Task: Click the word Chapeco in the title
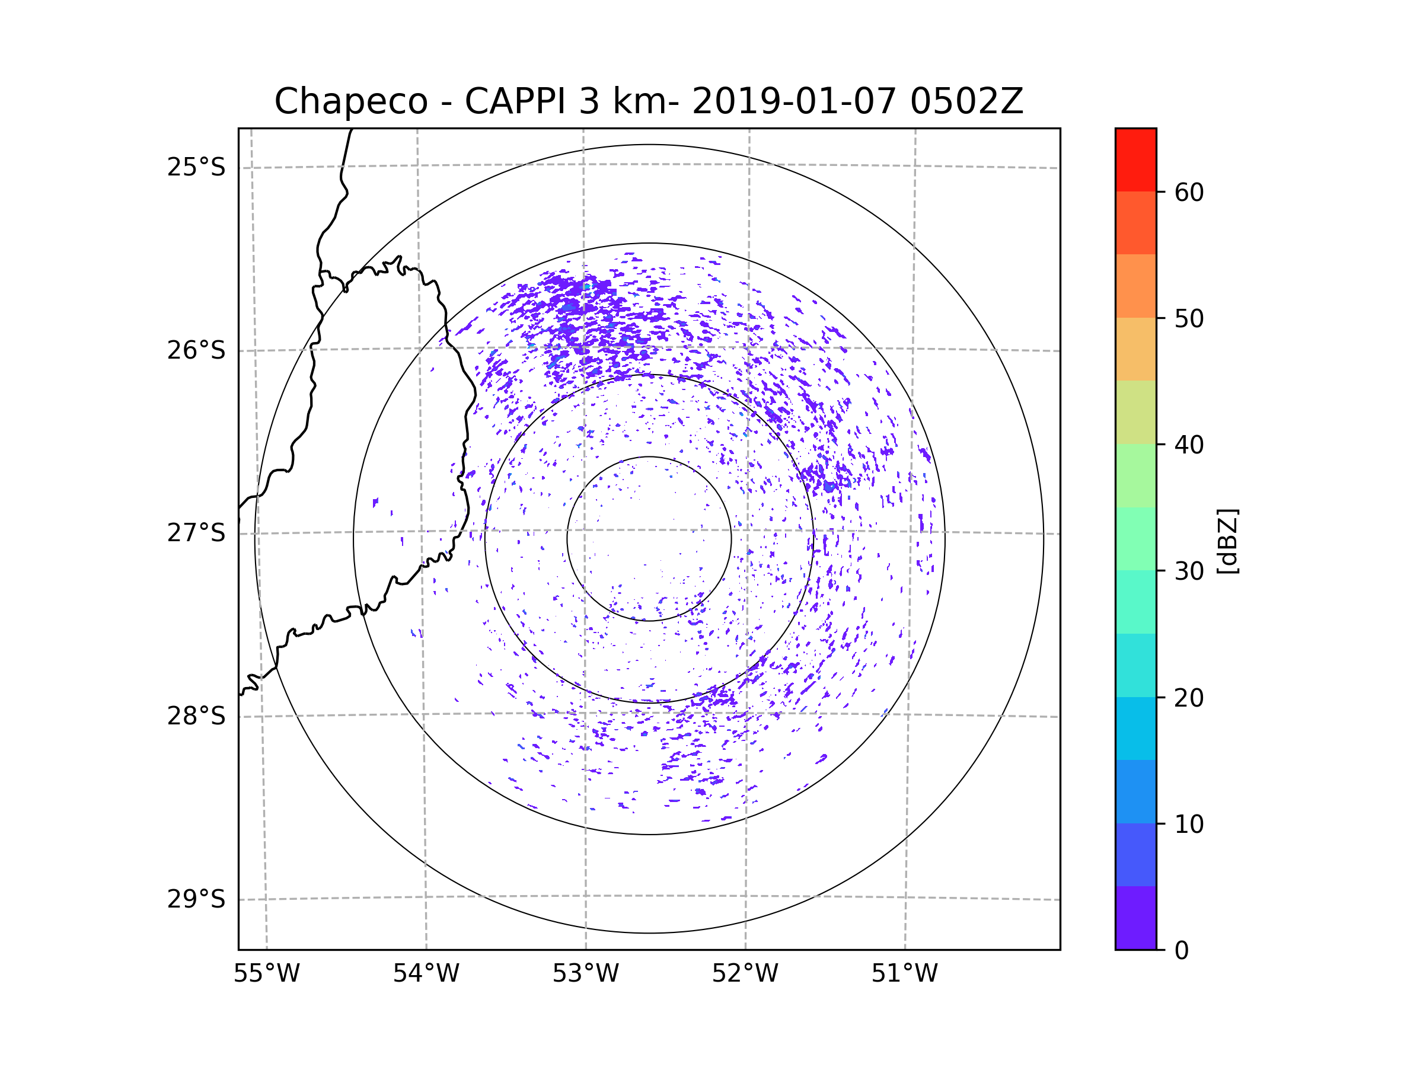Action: [350, 101]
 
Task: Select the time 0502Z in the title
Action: [966, 101]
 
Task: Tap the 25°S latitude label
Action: [196, 167]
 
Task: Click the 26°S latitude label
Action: [196, 350]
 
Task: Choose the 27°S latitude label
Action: [196, 533]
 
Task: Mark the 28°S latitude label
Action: [196, 716]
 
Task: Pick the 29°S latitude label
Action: [196, 899]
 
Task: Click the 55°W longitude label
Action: [266, 974]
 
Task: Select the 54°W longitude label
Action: [426, 974]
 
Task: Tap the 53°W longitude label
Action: [585, 974]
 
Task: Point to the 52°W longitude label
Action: [745, 974]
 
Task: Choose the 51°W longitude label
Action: [904, 974]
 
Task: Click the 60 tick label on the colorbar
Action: [1189, 192]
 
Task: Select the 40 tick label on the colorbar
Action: [1189, 445]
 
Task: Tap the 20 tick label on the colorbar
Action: [1189, 698]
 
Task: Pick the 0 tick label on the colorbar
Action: [1182, 951]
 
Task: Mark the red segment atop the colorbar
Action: [1135, 159]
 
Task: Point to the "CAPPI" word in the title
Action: [515, 101]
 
